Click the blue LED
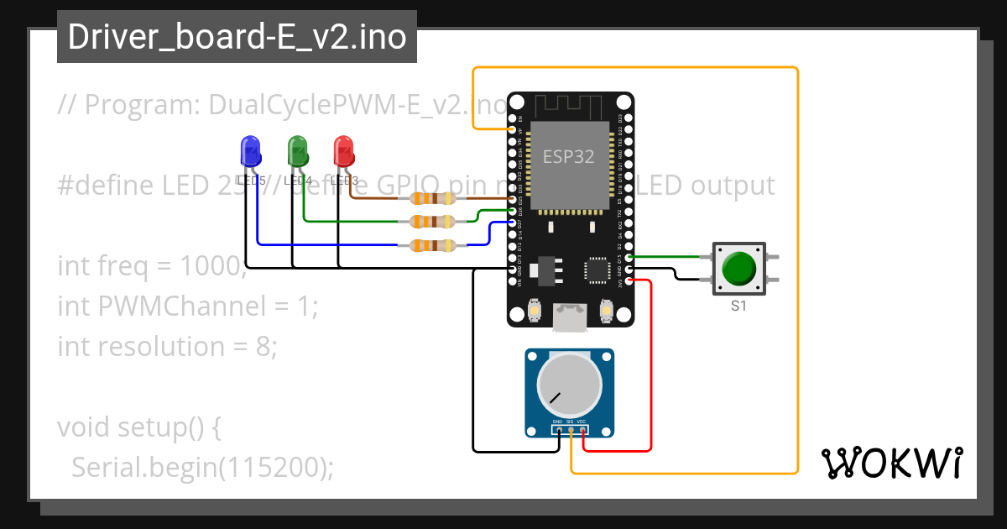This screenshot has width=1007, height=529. point(250,151)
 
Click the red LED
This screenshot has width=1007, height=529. point(343,151)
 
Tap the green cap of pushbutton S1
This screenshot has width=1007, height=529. point(738,269)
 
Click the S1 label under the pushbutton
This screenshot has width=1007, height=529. point(738,306)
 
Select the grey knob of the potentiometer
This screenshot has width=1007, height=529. point(569,387)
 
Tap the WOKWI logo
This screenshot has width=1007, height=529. point(891,463)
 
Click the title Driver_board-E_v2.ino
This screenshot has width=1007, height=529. point(237,37)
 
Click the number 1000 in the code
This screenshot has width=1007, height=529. point(210,266)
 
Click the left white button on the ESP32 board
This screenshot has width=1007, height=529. point(533,312)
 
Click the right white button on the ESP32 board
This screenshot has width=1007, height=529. point(606,312)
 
